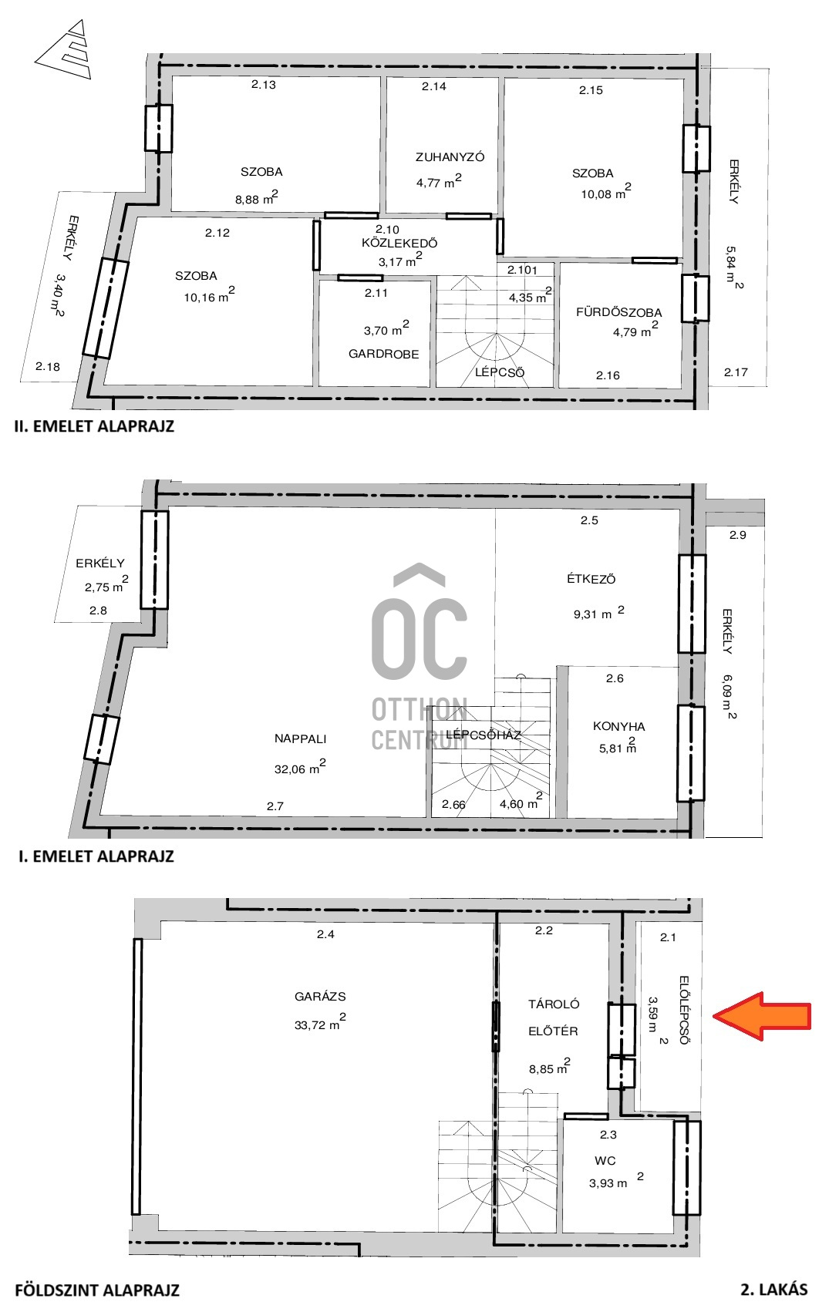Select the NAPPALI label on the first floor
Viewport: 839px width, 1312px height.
click(300, 738)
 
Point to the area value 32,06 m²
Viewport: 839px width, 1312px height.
click(299, 767)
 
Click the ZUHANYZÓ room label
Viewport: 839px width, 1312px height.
click(450, 157)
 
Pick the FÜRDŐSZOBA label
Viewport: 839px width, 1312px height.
click(618, 312)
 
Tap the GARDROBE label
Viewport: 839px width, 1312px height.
click(384, 354)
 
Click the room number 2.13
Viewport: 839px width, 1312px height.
click(264, 84)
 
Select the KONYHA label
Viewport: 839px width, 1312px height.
click(618, 726)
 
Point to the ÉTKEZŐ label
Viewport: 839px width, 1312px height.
click(591, 579)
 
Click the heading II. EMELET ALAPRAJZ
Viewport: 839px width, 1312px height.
click(94, 426)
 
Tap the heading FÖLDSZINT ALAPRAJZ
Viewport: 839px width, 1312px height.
click(97, 1290)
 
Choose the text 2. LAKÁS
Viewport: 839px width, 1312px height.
click(774, 1289)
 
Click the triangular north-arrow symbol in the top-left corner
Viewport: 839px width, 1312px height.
click(65, 49)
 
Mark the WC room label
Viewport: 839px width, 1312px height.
click(605, 1160)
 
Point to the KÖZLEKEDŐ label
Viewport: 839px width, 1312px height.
click(399, 243)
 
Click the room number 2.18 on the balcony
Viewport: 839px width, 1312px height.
click(48, 367)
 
